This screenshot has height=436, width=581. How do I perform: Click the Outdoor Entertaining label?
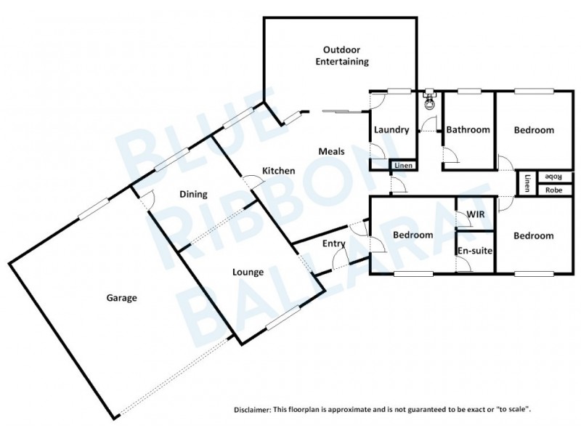point(341,56)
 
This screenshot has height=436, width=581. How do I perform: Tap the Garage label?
point(122,297)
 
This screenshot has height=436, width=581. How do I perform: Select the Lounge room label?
point(247,272)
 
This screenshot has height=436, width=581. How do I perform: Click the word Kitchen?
point(279,171)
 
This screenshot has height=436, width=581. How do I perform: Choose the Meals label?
point(332,151)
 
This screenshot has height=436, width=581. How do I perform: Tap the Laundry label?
point(391,130)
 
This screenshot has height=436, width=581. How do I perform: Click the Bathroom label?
point(468,130)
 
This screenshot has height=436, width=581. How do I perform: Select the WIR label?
point(476,214)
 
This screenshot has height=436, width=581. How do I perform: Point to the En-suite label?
point(475,251)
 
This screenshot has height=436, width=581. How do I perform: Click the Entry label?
point(334,243)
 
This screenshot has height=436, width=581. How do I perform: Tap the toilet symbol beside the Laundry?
point(430,100)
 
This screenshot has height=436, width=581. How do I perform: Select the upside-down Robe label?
point(553,177)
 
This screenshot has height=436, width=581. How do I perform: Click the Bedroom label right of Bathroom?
point(534,130)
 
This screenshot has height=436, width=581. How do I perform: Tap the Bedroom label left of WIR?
point(413,235)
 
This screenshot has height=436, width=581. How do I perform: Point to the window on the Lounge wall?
point(281,317)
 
